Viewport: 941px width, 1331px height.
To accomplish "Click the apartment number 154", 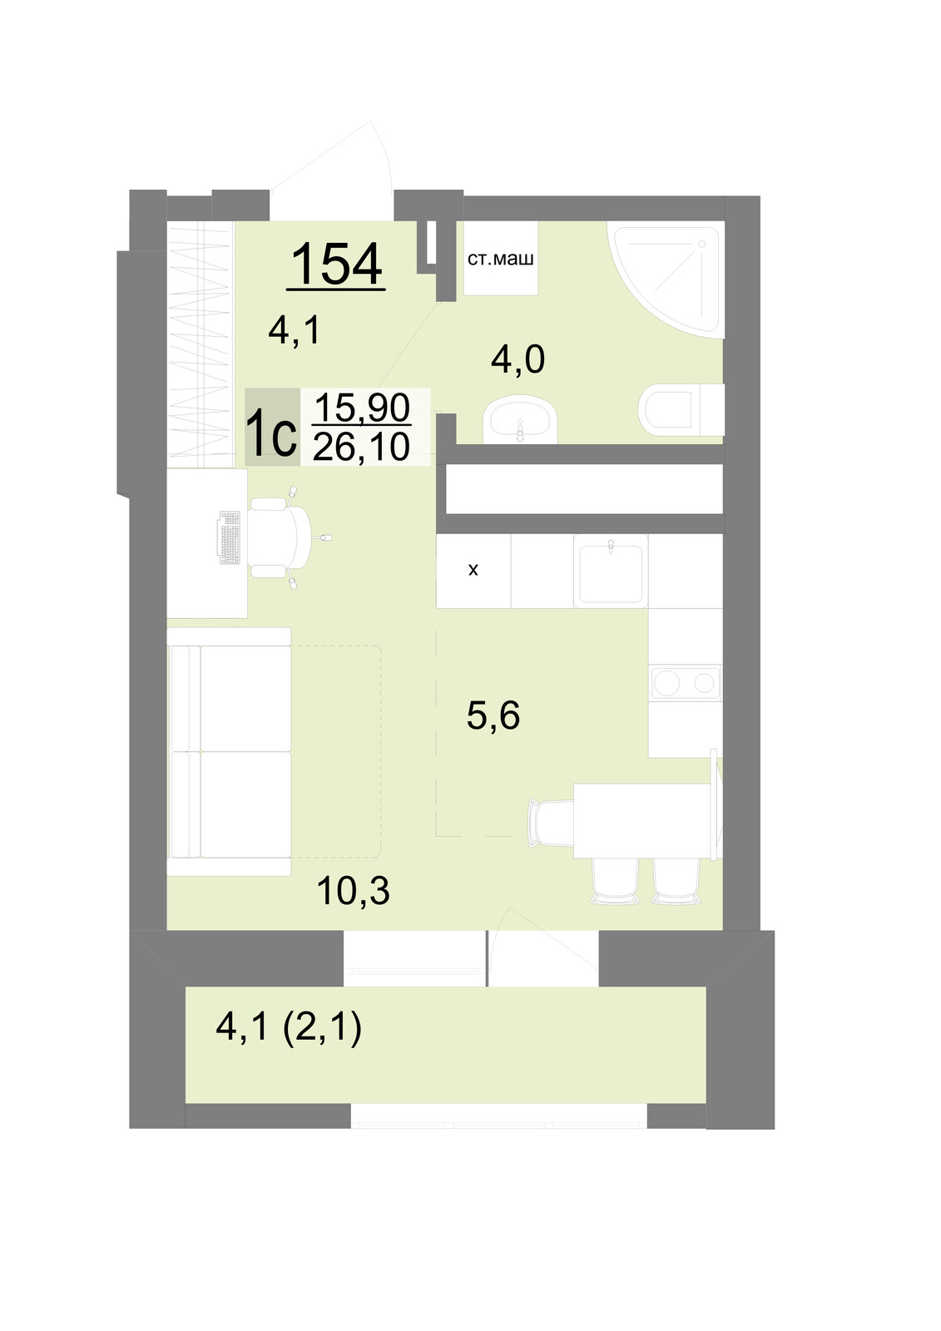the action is tap(336, 264).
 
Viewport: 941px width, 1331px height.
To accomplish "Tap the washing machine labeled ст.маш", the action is tap(501, 259).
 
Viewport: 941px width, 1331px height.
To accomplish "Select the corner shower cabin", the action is tap(665, 280).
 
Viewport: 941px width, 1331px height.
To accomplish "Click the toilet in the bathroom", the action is tap(681, 409).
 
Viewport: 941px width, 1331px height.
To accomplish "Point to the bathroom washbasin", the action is tap(521, 421).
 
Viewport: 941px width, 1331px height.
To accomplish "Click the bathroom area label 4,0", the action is tap(518, 360).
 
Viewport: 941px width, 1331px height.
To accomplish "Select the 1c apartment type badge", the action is tap(272, 427).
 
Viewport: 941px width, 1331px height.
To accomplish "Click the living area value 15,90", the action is tap(362, 407).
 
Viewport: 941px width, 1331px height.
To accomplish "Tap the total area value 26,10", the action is tap(361, 447).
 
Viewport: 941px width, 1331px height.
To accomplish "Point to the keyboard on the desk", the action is tap(230, 537).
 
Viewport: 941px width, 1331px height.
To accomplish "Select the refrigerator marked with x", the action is tap(473, 571).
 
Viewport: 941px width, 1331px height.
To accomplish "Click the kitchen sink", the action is tap(611, 571).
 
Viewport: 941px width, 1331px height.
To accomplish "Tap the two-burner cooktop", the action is tap(686, 683).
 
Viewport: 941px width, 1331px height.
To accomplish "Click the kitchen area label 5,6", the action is tap(493, 715).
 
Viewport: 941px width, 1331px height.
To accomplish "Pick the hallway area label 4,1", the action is tap(295, 330).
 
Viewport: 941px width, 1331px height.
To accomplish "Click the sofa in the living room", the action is tap(229, 752).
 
